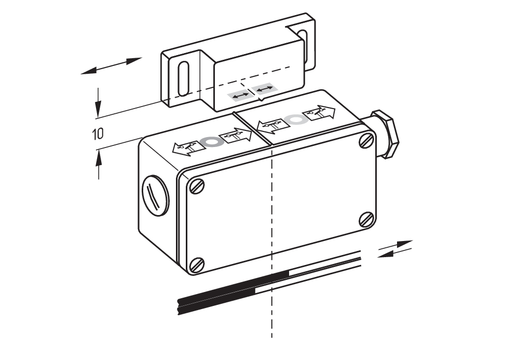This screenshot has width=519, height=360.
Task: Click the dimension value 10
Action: [x=98, y=134]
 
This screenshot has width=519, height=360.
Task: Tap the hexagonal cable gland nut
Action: [x=385, y=134]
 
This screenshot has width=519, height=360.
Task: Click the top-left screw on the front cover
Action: [x=197, y=186]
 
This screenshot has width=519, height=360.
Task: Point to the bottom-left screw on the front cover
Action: [x=197, y=265]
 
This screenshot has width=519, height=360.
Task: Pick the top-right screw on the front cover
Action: [x=366, y=140]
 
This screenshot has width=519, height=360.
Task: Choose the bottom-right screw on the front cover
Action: [x=367, y=219]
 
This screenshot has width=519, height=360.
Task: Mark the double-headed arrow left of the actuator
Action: [x=111, y=65]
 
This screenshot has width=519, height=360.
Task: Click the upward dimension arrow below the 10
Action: [x=98, y=164]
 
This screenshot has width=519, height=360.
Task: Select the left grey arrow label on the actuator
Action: [x=240, y=96]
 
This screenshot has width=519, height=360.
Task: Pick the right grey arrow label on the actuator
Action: [x=264, y=88]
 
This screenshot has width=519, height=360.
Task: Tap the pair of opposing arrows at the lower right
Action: [x=395, y=249]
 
